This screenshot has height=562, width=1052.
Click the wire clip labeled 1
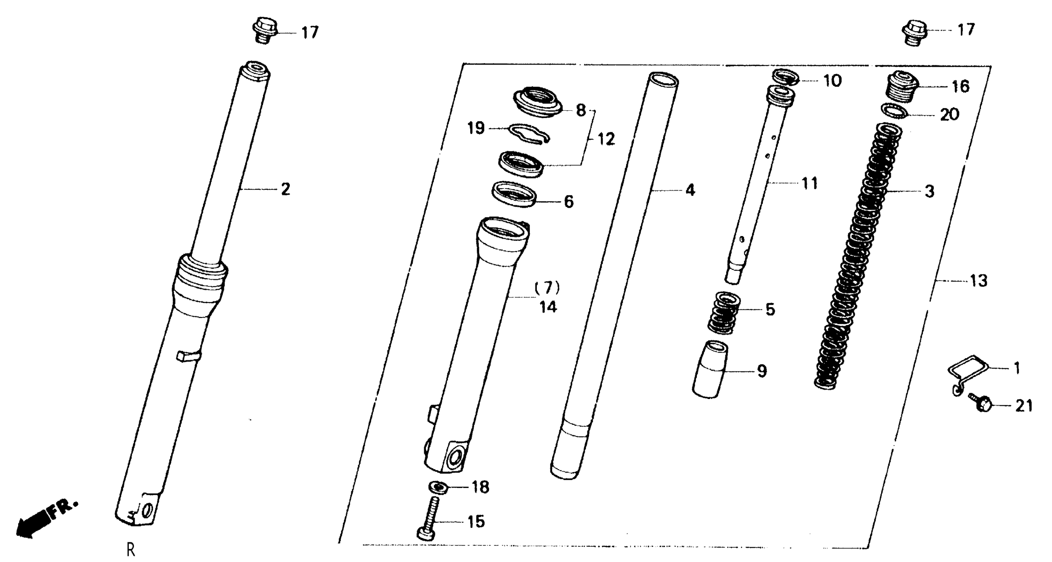click(x=967, y=372)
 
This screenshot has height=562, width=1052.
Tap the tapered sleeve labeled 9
click(x=710, y=369)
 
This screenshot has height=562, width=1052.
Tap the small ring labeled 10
click(x=785, y=78)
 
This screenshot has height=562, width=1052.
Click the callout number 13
click(x=979, y=281)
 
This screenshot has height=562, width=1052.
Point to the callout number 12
click(x=606, y=140)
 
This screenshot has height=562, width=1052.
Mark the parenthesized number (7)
click(x=547, y=288)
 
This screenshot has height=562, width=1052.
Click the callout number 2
click(x=285, y=189)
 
